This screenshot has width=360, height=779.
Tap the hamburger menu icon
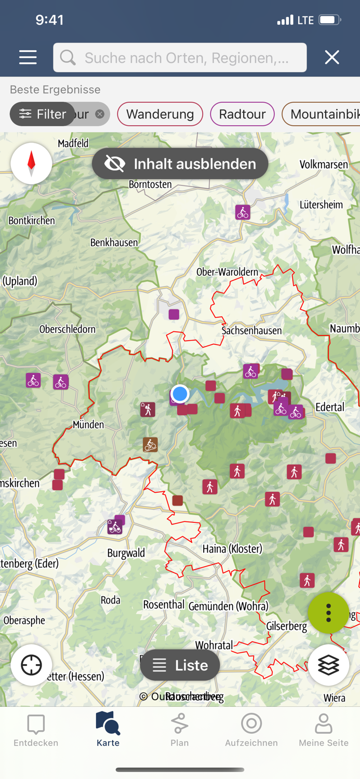(x=28, y=57)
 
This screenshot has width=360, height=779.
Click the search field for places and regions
(x=180, y=57)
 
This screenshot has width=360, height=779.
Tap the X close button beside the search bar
(x=332, y=57)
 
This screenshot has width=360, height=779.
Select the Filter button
(x=43, y=114)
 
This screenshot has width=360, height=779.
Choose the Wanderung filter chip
(x=159, y=114)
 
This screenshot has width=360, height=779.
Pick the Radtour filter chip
(x=242, y=114)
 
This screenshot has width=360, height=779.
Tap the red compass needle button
(x=31, y=163)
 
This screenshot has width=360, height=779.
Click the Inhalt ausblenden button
(x=180, y=164)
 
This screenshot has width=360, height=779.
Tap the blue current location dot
(x=180, y=394)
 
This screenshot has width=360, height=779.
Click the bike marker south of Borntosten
(x=243, y=212)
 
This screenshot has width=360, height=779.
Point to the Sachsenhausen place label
(x=251, y=330)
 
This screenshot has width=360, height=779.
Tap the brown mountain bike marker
(x=150, y=445)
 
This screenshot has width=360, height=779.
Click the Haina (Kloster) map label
(x=232, y=548)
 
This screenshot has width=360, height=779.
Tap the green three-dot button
(x=328, y=613)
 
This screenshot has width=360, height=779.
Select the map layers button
(x=328, y=665)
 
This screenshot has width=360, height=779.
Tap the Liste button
(x=180, y=665)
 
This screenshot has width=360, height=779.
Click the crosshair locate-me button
(x=31, y=665)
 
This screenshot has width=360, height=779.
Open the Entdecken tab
(x=36, y=730)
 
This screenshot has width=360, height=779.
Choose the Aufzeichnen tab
(x=251, y=730)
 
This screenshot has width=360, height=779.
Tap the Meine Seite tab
(x=323, y=730)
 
